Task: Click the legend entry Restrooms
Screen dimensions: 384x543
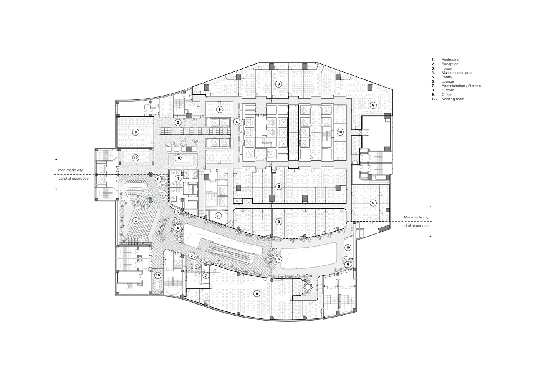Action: pos(450,60)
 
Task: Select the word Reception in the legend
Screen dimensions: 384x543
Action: pos(450,64)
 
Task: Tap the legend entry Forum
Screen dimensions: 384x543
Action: pos(447,68)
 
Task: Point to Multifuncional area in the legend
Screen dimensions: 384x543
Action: pos(457,73)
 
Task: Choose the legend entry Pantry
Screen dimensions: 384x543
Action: pos(447,77)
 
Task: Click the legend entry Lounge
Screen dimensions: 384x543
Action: pos(448,81)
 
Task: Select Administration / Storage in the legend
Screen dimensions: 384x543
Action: pos(461,86)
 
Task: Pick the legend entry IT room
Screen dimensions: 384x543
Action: pos(448,90)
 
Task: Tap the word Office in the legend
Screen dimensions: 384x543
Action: pos(447,94)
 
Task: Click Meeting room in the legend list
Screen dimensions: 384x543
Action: pos(453,99)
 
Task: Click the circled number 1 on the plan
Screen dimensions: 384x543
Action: pos(178,179)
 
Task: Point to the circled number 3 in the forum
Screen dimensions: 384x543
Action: pos(135,221)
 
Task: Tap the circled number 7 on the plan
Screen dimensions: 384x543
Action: pos(206,275)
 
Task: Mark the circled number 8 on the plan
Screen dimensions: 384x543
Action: pos(218,216)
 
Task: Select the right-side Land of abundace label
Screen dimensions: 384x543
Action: pos(413,226)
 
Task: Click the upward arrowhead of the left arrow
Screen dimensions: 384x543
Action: pos(56,159)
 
